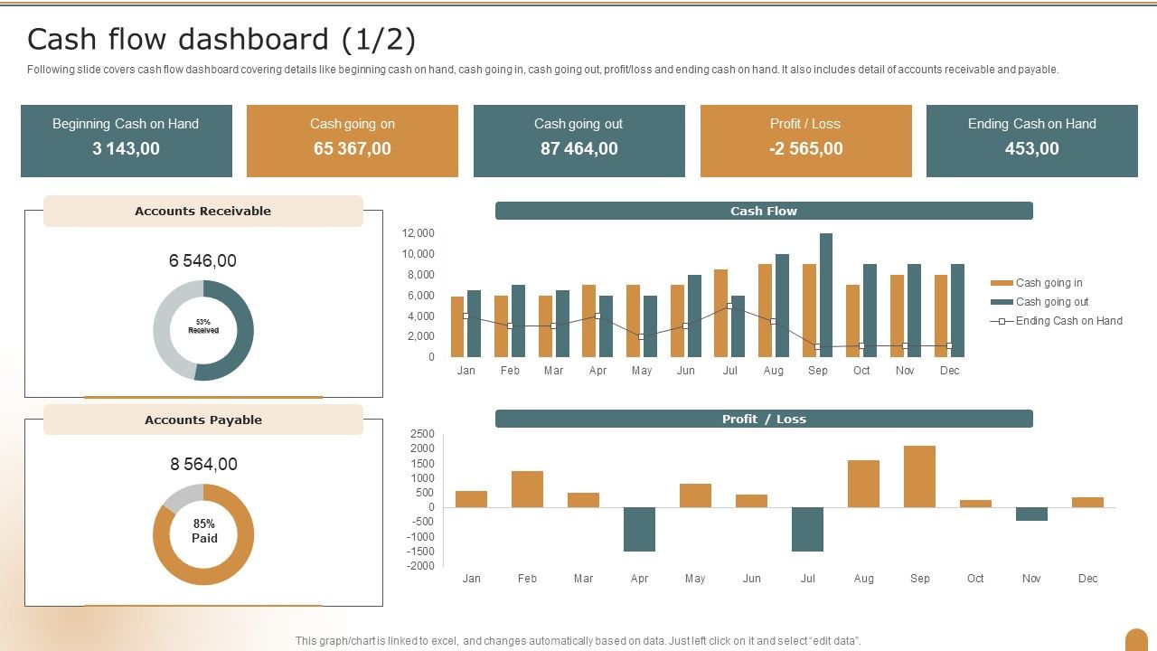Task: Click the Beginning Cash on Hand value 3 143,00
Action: (126, 149)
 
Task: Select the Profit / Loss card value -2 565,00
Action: (805, 149)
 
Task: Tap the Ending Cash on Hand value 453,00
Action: (1031, 149)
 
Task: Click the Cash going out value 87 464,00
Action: (578, 149)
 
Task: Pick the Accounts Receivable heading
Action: (202, 211)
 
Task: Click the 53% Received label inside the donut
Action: (203, 326)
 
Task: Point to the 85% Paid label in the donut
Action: (204, 531)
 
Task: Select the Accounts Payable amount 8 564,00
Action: (203, 464)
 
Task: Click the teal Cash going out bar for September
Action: (825, 295)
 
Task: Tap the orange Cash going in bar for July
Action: (720, 313)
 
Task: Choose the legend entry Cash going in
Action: (1049, 283)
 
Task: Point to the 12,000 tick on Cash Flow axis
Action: (419, 233)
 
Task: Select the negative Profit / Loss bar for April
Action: (639, 529)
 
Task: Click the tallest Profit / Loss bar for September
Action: (919, 476)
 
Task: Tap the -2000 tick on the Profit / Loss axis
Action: (422, 566)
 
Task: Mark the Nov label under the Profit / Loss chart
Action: (1031, 579)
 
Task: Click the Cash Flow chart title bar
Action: (764, 211)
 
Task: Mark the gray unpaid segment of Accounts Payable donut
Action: (181, 496)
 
